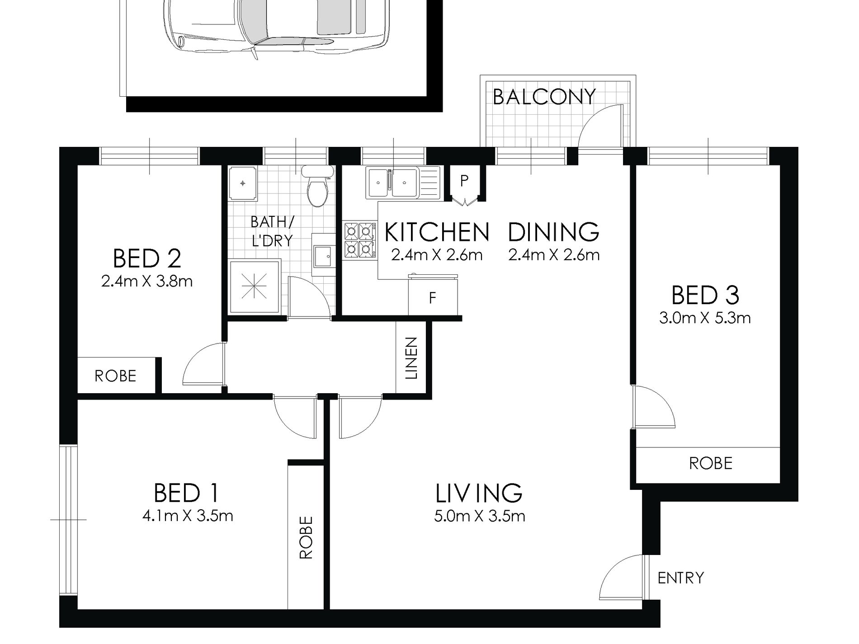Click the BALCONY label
click(544, 97)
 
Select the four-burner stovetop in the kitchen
click(359, 240)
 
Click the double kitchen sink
click(392, 183)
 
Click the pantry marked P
click(464, 181)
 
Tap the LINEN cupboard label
click(411, 358)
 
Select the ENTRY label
click(681, 578)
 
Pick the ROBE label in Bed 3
click(711, 463)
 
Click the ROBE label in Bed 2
click(115, 376)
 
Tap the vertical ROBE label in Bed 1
click(306, 537)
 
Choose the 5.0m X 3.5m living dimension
click(480, 516)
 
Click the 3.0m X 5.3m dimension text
click(705, 318)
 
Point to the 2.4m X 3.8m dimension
click(147, 282)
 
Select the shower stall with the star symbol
click(255, 287)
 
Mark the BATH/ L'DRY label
click(272, 231)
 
